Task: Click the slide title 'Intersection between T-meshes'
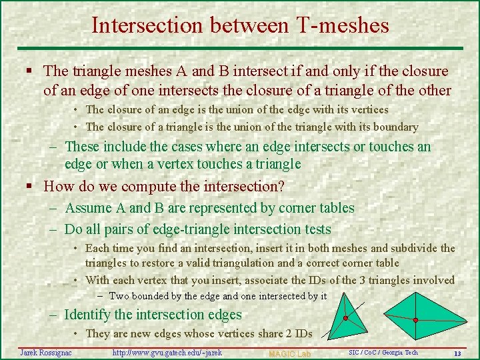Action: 240,25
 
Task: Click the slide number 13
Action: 457,353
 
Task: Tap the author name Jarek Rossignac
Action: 47,352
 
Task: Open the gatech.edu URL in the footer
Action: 167,352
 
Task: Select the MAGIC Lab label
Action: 289,353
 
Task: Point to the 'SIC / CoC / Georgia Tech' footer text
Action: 383,352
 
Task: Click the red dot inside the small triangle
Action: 345,318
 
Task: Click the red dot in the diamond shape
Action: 415,321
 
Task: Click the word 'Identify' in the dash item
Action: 89,315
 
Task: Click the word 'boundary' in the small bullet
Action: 396,127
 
